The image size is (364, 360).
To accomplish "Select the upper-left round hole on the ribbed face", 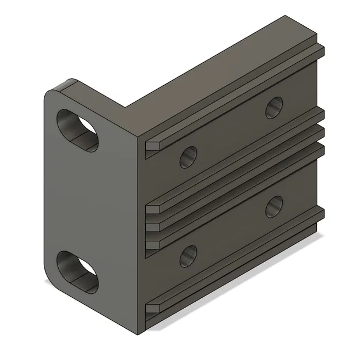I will tap(188, 156).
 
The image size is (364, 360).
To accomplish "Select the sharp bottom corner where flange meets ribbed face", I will tap(142, 333).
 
